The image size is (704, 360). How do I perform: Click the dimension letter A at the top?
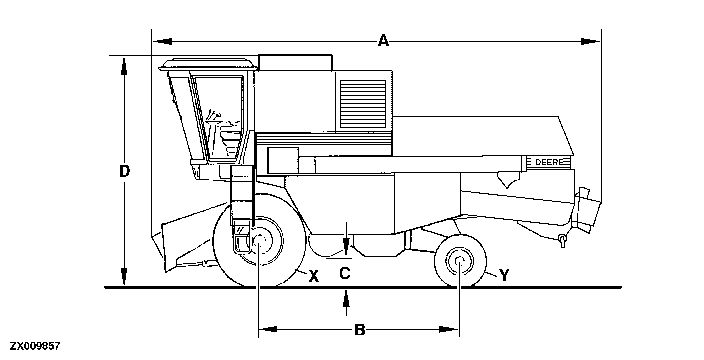click(383, 42)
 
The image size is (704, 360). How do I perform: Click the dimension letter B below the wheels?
click(360, 330)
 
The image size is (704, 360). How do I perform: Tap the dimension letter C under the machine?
click(345, 274)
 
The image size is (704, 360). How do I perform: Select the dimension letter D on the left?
click(124, 172)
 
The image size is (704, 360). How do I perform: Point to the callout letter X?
click(313, 276)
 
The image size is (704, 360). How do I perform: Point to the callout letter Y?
click(504, 275)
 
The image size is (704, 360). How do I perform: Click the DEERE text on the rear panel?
click(549, 163)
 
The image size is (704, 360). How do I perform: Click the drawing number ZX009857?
click(35, 346)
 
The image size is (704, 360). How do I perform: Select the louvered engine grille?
click(363, 103)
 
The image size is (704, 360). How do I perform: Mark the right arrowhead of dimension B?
click(449, 329)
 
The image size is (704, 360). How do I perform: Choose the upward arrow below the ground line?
click(346, 298)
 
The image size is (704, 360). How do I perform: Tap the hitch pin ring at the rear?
click(562, 239)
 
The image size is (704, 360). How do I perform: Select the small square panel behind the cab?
click(283, 160)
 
